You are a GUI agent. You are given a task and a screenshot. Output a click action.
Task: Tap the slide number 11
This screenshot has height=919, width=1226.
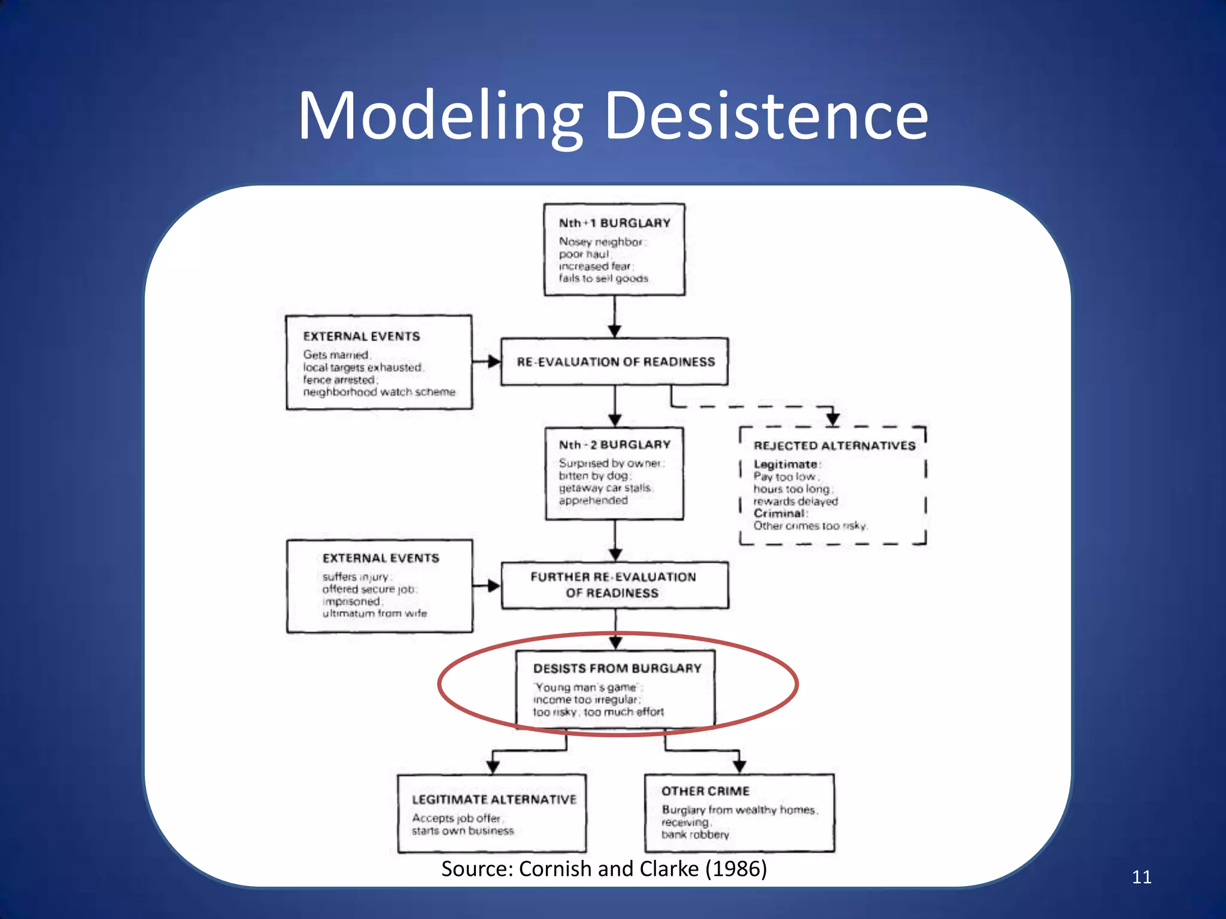click(x=1141, y=877)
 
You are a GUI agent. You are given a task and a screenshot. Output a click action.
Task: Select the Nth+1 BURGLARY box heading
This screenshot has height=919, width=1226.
click(x=614, y=223)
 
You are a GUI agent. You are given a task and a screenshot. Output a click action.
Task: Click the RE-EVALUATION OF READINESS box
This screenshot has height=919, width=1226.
click(x=615, y=362)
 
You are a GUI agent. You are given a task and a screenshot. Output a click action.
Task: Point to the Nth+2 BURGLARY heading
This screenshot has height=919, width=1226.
click(x=614, y=445)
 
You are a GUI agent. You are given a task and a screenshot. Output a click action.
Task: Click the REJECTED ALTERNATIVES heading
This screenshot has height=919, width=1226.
click(x=834, y=446)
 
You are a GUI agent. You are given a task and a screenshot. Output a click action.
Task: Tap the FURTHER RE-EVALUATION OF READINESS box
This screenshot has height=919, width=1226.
click(x=614, y=585)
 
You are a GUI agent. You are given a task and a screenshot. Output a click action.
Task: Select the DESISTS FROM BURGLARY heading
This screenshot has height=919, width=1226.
click(x=617, y=668)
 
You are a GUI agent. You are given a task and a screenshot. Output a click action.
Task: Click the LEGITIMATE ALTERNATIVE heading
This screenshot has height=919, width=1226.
click(x=494, y=800)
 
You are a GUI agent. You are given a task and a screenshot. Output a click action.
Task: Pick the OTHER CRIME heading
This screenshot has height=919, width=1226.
click(x=705, y=792)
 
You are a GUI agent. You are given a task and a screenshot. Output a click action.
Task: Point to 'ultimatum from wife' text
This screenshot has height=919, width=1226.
click(x=375, y=614)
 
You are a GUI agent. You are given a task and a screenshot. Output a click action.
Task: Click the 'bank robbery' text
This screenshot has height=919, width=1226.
click(x=695, y=835)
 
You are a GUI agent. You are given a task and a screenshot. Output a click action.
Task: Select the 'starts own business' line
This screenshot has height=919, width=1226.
click(x=462, y=831)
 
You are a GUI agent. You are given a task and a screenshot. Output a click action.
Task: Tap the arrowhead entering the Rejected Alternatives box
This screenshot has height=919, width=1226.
click(x=833, y=419)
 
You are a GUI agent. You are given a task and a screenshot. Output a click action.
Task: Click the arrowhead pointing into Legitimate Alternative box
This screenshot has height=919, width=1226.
click(x=493, y=766)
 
